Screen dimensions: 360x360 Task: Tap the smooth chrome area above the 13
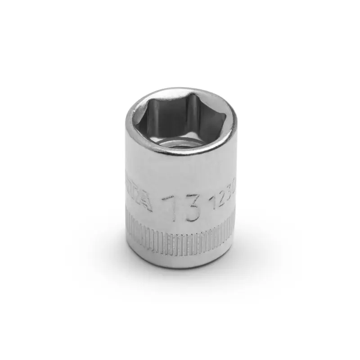point(180,173)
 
